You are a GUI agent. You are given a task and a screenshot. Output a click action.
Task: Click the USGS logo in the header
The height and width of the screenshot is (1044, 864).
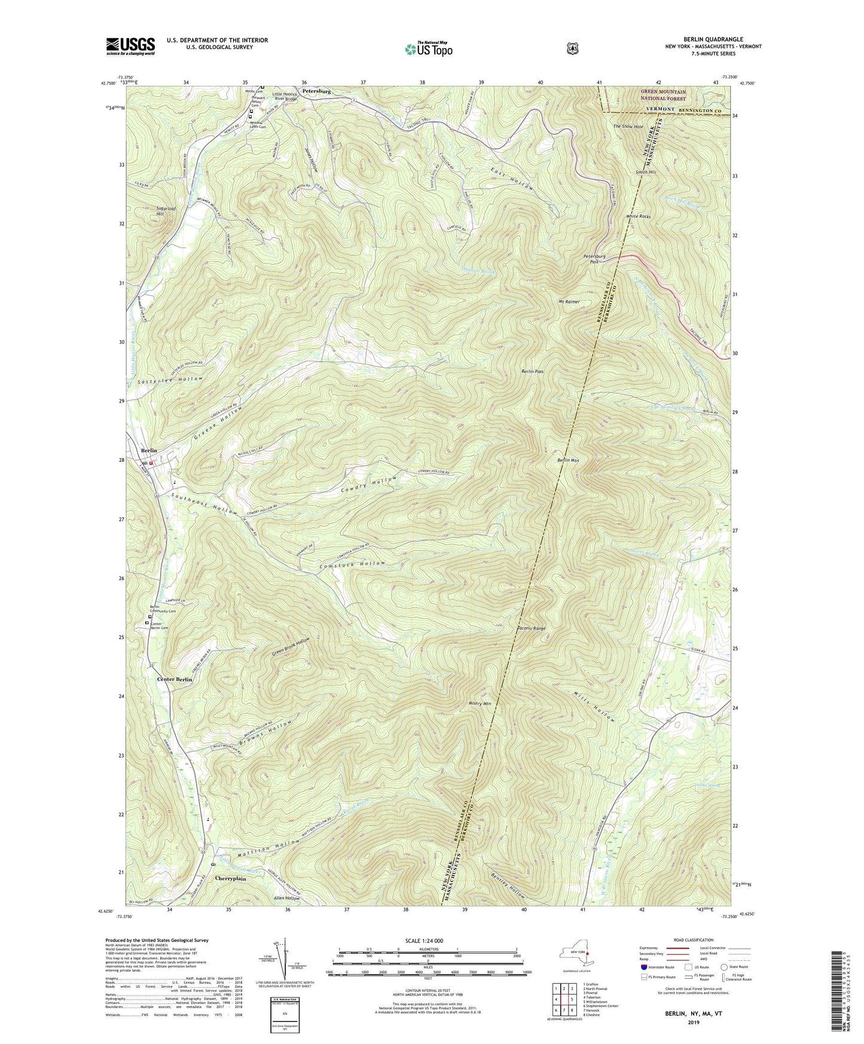130,46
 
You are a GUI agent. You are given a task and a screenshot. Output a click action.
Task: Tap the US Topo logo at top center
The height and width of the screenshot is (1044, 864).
428,49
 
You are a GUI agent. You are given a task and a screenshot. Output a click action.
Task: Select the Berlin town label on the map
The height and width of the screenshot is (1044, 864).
148,450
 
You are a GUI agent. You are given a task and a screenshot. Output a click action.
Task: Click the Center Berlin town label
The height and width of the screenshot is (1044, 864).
175,680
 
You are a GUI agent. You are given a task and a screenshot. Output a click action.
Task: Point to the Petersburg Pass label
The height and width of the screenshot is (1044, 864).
594,259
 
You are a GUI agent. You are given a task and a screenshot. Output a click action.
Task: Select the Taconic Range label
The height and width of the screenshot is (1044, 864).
531,628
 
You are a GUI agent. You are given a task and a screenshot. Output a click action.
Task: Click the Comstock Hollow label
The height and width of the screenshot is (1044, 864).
352,563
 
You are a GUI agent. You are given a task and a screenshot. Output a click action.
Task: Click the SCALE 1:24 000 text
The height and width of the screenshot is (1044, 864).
424,941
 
